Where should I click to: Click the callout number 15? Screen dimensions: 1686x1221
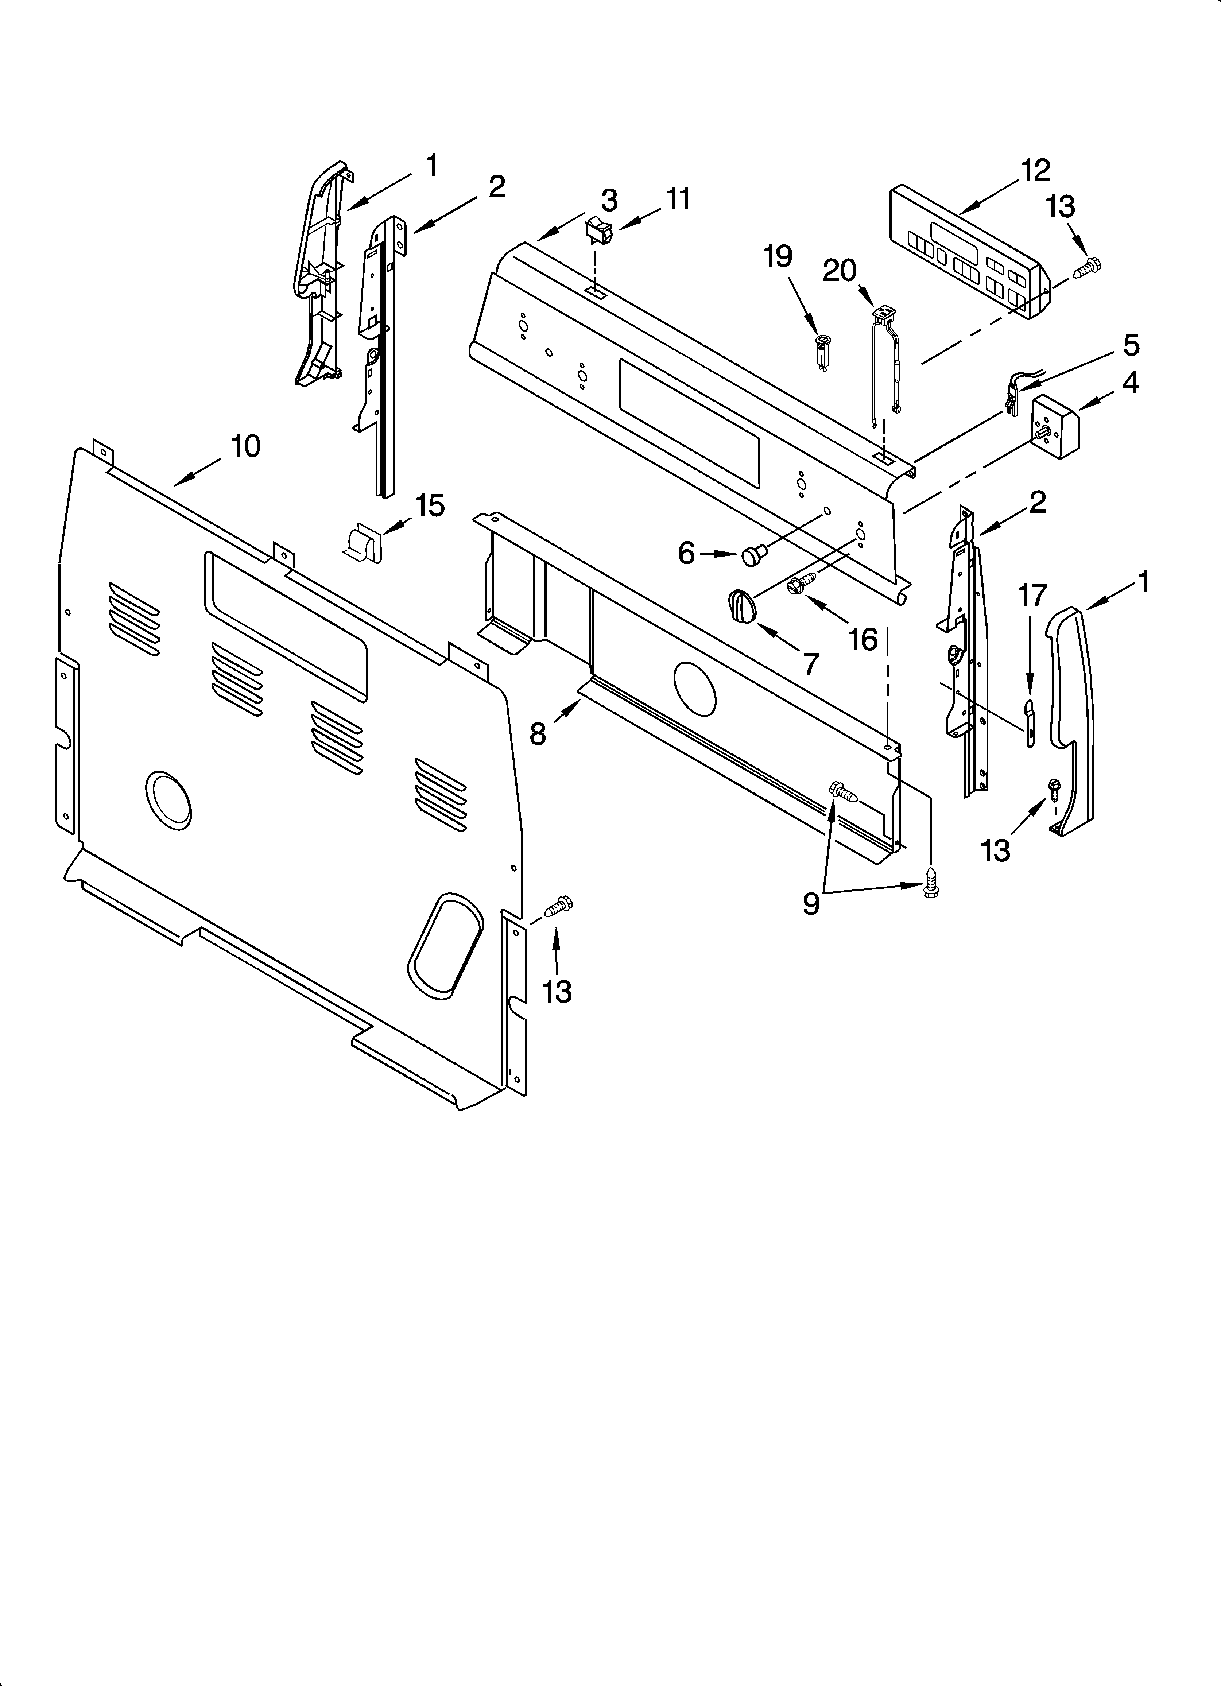[430, 505]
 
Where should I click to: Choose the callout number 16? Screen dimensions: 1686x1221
[863, 639]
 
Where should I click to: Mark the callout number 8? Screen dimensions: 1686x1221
[538, 734]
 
